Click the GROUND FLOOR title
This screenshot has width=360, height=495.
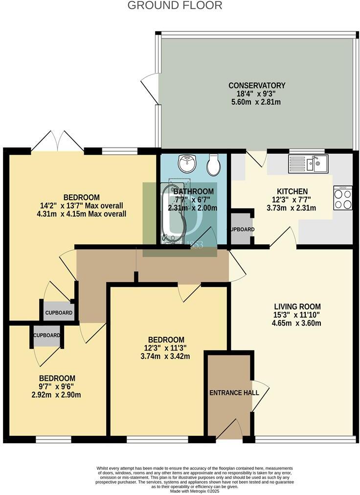click(x=175, y=6)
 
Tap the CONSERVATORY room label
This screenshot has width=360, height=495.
click(x=257, y=85)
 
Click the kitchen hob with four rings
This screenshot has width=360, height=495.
click(x=342, y=198)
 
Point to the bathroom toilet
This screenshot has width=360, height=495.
click(x=214, y=165)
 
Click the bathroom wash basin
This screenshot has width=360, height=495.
click(x=185, y=164)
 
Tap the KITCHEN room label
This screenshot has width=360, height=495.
click(x=292, y=191)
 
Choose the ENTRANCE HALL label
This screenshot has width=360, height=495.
click(x=229, y=393)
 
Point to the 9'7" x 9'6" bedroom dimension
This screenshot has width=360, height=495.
click(x=57, y=387)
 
